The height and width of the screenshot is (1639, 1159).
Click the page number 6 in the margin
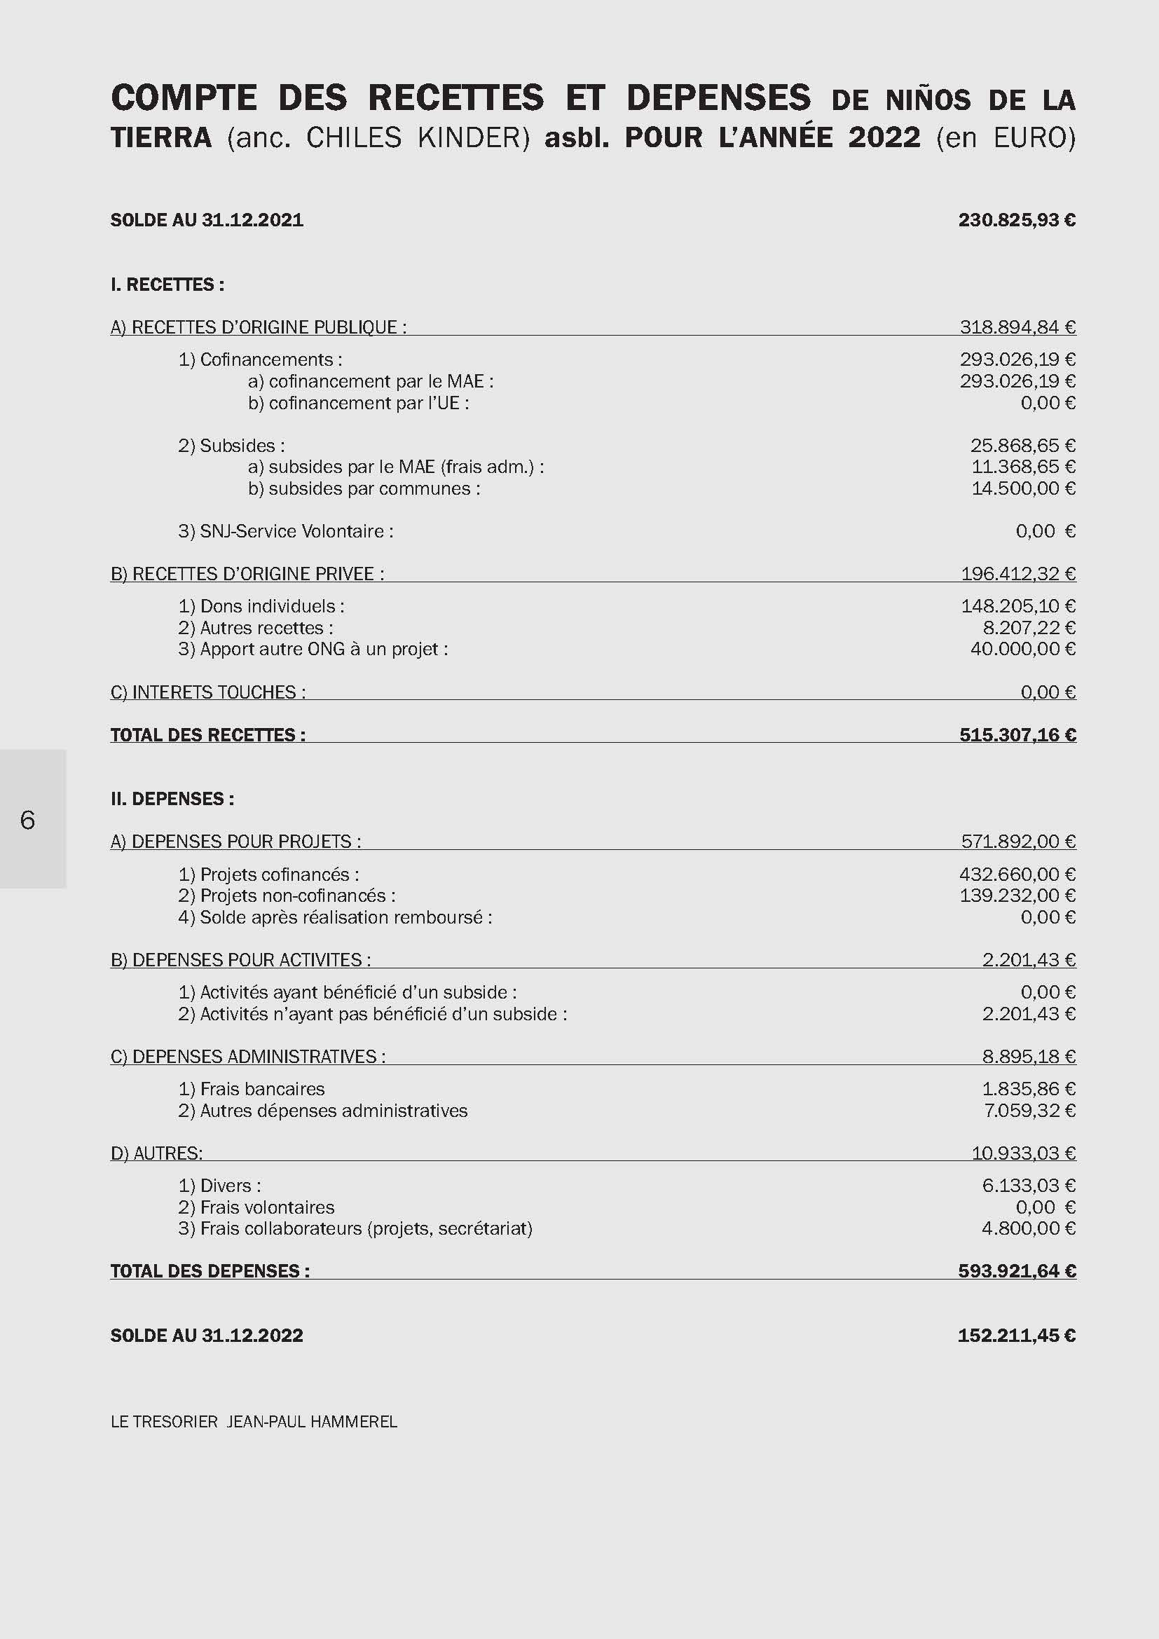pyautogui.click(x=27, y=821)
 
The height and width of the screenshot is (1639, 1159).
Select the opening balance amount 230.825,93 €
pyautogui.click(x=1016, y=220)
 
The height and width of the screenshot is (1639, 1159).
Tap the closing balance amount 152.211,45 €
pyautogui.click(x=1016, y=1336)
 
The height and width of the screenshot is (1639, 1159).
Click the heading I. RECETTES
pyautogui.click(x=167, y=284)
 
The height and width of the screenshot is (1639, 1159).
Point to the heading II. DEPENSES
pyautogui.click(x=172, y=799)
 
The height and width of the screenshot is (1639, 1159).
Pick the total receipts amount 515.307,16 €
pyautogui.click(x=1017, y=734)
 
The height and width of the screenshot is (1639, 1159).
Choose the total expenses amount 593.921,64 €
pyautogui.click(x=1016, y=1270)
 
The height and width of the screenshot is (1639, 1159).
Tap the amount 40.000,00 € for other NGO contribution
pyautogui.click(x=1022, y=649)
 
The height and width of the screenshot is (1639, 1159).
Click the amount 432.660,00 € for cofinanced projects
pyautogui.click(x=1017, y=875)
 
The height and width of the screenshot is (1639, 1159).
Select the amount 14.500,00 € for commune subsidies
pyautogui.click(x=1022, y=488)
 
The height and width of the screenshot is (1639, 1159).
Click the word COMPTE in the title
pyautogui.click(x=184, y=98)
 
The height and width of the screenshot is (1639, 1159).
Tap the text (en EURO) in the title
pyautogui.click(x=1006, y=137)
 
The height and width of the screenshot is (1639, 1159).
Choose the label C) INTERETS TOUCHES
pyautogui.click(x=207, y=692)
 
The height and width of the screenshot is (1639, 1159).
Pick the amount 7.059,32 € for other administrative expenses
pyautogui.click(x=1029, y=1110)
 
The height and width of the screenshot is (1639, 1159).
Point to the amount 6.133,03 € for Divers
pyautogui.click(x=1029, y=1186)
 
